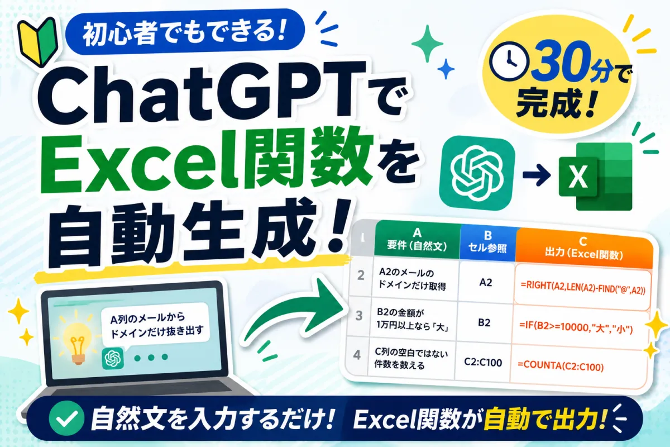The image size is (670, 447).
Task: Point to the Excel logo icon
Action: [x=596, y=177]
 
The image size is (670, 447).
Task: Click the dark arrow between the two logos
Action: [x=537, y=175]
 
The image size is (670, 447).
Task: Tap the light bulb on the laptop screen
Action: [x=76, y=339]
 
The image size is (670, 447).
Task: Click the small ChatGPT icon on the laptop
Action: [x=113, y=358]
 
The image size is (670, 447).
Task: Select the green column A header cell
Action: [x=417, y=240]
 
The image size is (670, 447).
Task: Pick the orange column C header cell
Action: [x=583, y=249]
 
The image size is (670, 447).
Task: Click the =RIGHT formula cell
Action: [x=582, y=287]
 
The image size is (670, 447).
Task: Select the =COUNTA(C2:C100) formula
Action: [x=561, y=366]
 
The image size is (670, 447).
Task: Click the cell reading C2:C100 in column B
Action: [x=483, y=362]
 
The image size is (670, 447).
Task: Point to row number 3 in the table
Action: [x=359, y=316]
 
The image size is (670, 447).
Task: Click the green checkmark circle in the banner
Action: [x=66, y=418]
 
